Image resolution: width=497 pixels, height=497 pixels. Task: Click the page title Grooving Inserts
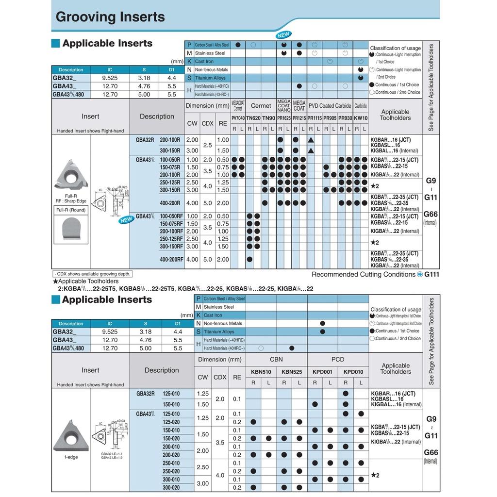pyautogui.click(x=110, y=17)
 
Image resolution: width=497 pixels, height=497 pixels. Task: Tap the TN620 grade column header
pyautogui.click(x=253, y=118)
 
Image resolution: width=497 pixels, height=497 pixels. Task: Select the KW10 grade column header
pyautogui.click(x=361, y=118)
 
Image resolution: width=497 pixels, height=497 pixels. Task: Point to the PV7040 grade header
pyautogui.click(x=238, y=118)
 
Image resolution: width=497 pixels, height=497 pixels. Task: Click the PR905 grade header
pyautogui.click(x=330, y=118)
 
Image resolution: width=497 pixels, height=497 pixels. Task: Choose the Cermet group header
pyautogui.click(x=261, y=106)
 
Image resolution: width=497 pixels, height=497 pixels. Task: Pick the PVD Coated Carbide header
pyautogui.click(x=330, y=106)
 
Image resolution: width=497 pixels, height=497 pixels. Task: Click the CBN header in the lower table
pyautogui.click(x=276, y=360)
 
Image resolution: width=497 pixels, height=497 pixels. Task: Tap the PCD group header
pyautogui.click(x=338, y=360)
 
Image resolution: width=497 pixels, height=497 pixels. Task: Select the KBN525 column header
pyautogui.click(x=292, y=372)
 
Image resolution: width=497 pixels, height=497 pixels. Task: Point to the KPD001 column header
pyautogui.click(x=322, y=372)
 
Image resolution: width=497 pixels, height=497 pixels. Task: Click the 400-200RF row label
pyautogui.click(x=171, y=260)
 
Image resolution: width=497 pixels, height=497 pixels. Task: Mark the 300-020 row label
pyautogui.click(x=171, y=488)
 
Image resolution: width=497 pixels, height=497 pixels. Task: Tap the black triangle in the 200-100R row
pyautogui.click(x=311, y=140)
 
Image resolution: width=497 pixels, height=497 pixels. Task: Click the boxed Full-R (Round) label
pyautogui.click(x=71, y=210)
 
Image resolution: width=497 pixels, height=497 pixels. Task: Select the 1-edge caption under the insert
pyautogui.click(x=71, y=457)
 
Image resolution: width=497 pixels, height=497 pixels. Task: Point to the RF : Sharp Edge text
pyautogui.click(x=71, y=200)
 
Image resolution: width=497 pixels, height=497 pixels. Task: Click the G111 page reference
pyautogui.click(x=431, y=274)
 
